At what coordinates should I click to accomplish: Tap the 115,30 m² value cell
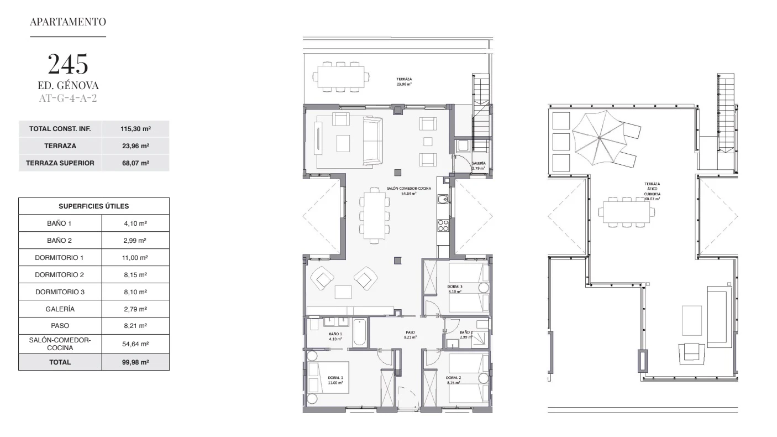[x=135, y=129]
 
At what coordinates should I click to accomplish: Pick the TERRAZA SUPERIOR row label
[x=60, y=163]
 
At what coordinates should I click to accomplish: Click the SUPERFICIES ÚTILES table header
[x=94, y=206]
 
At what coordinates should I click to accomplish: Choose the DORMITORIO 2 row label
[x=60, y=275]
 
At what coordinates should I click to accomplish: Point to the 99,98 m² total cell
[x=135, y=362]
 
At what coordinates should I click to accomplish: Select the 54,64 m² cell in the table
[x=135, y=344]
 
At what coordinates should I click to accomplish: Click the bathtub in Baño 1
[x=360, y=332]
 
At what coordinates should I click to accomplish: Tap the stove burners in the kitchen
[x=443, y=225]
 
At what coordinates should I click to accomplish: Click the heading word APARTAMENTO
[x=68, y=22]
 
